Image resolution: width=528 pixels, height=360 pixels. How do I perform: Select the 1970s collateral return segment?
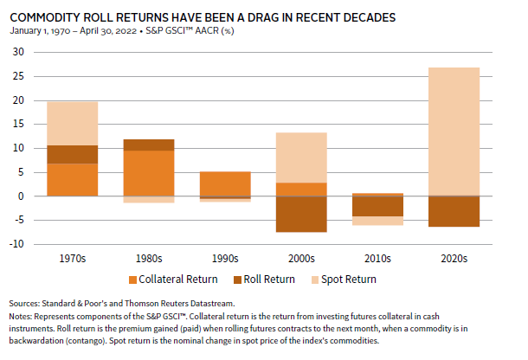[x=73, y=179]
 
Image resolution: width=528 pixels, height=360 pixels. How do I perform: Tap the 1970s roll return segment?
[x=73, y=154]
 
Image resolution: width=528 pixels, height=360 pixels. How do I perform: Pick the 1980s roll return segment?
[x=149, y=145]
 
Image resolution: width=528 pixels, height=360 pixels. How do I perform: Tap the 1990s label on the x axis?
[x=225, y=257]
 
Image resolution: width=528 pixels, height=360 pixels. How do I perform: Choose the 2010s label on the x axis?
[x=377, y=257]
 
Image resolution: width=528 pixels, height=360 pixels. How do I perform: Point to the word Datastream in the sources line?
[x=203, y=305]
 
